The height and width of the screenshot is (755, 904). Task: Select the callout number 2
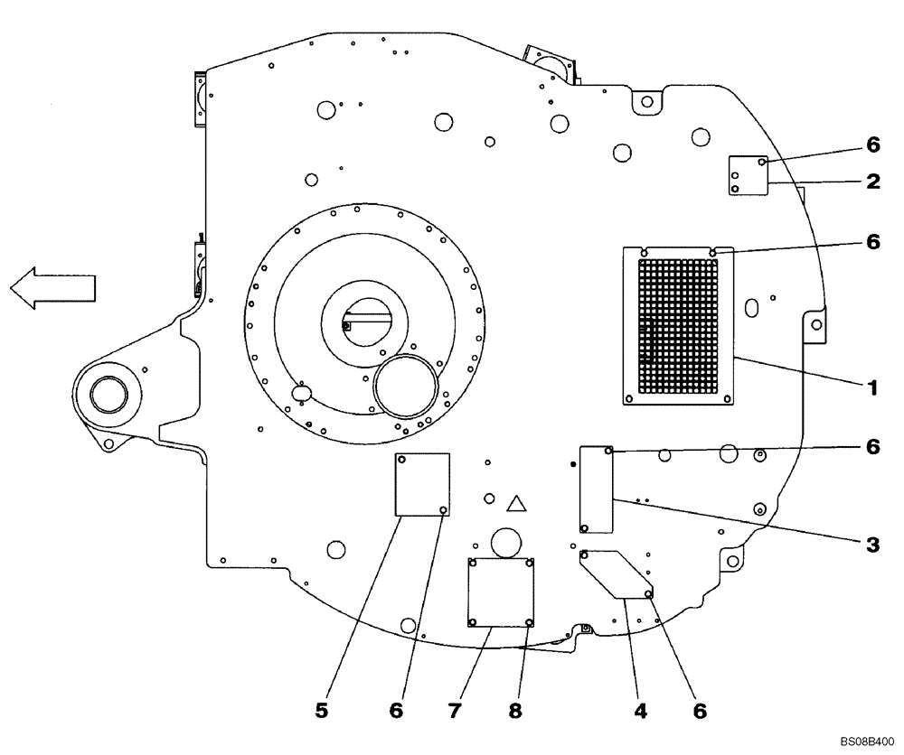872,182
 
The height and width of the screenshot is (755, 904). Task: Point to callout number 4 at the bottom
641,711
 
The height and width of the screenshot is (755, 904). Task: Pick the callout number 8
514,711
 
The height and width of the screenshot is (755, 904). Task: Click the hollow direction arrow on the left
52,288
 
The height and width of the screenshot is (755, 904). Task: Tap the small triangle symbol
516,504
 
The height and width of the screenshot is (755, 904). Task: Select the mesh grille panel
679,325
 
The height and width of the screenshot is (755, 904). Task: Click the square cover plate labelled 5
423,484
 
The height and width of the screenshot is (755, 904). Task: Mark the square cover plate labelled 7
501,592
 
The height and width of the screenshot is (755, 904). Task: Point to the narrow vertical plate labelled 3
597,489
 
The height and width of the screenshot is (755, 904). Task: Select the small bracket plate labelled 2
749,174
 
